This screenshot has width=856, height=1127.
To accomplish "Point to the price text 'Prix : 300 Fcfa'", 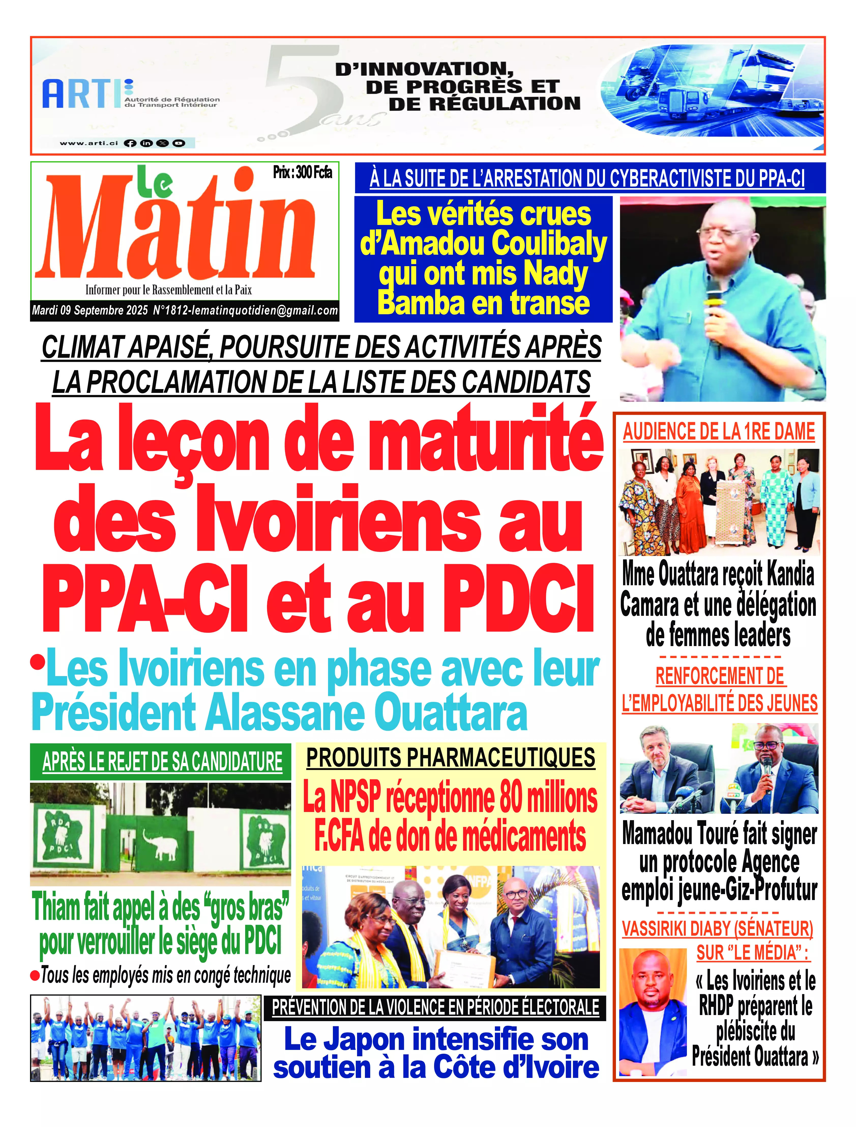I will click(303, 173).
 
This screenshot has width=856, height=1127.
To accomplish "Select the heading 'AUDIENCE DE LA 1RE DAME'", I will click(719, 432).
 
